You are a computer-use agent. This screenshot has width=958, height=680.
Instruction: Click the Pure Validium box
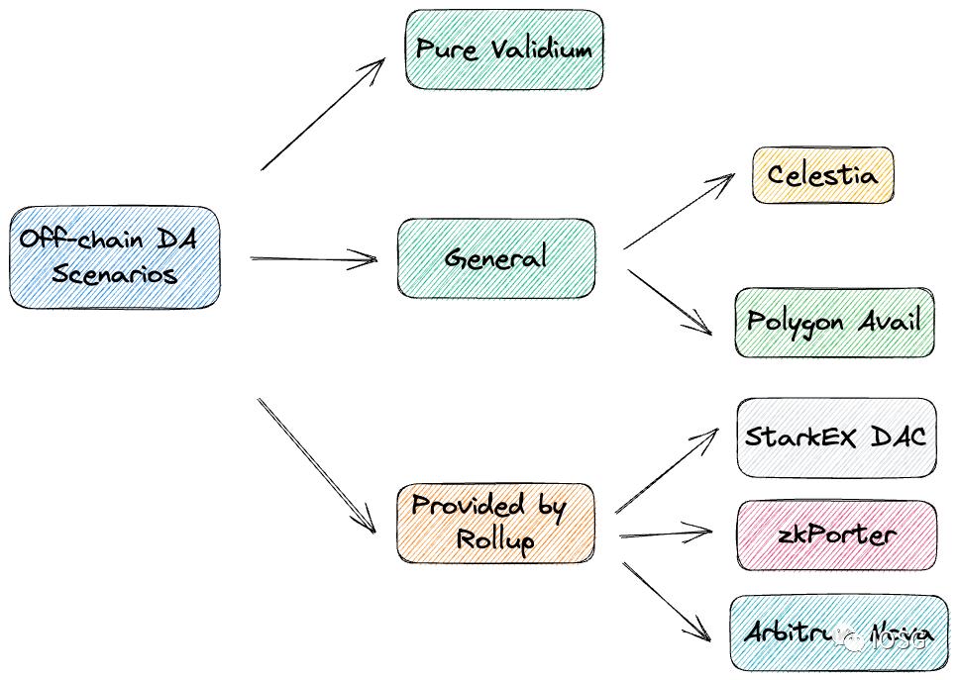click(x=503, y=49)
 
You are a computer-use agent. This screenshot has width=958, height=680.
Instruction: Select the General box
click(x=496, y=258)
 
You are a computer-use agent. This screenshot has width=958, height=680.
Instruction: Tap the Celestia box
click(x=822, y=176)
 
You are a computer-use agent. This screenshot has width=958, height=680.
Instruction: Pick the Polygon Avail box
click(x=834, y=322)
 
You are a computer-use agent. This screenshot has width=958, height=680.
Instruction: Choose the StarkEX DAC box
click(x=836, y=437)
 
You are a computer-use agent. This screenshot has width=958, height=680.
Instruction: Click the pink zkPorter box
click(x=836, y=535)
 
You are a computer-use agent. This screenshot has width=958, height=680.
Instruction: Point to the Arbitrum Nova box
click(x=838, y=633)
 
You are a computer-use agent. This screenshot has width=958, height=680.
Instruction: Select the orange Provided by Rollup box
click(x=495, y=524)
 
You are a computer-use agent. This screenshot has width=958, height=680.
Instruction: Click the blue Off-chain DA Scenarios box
click(x=114, y=256)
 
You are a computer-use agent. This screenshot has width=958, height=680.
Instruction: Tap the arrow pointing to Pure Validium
click(x=323, y=114)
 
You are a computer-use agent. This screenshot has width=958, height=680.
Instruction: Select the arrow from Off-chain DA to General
click(x=314, y=259)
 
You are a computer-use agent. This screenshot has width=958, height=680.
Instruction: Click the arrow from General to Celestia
click(x=679, y=211)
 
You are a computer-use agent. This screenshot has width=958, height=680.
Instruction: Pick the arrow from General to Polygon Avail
click(x=670, y=301)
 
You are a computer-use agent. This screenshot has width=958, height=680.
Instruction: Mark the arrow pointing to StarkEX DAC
click(x=667, y=471)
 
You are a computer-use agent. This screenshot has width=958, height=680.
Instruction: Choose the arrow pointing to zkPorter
click(x=666, y=534)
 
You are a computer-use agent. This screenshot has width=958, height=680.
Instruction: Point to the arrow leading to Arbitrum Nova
click(x=666, y=602)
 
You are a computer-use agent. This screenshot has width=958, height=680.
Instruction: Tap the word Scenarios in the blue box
click(x=114, y=273)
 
